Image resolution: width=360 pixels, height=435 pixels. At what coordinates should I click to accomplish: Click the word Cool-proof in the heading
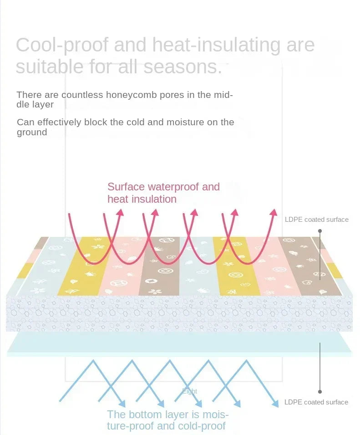62,46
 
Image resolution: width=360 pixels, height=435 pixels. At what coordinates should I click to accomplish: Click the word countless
83,95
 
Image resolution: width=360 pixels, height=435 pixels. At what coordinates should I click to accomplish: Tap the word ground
32,133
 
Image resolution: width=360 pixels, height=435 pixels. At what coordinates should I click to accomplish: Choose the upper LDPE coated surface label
316,220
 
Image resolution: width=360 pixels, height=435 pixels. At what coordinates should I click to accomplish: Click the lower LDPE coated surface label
316,402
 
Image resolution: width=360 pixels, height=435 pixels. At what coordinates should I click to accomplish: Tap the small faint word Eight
190,391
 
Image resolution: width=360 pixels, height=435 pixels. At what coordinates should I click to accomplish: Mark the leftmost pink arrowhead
120,212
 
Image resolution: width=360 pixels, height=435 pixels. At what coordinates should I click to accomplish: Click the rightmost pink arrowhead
273,212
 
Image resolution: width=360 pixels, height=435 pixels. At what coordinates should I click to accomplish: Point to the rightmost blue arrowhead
275,404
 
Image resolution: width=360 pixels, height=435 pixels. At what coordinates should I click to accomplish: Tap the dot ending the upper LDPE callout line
320,231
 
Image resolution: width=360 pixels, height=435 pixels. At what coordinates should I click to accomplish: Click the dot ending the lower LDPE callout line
320,391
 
